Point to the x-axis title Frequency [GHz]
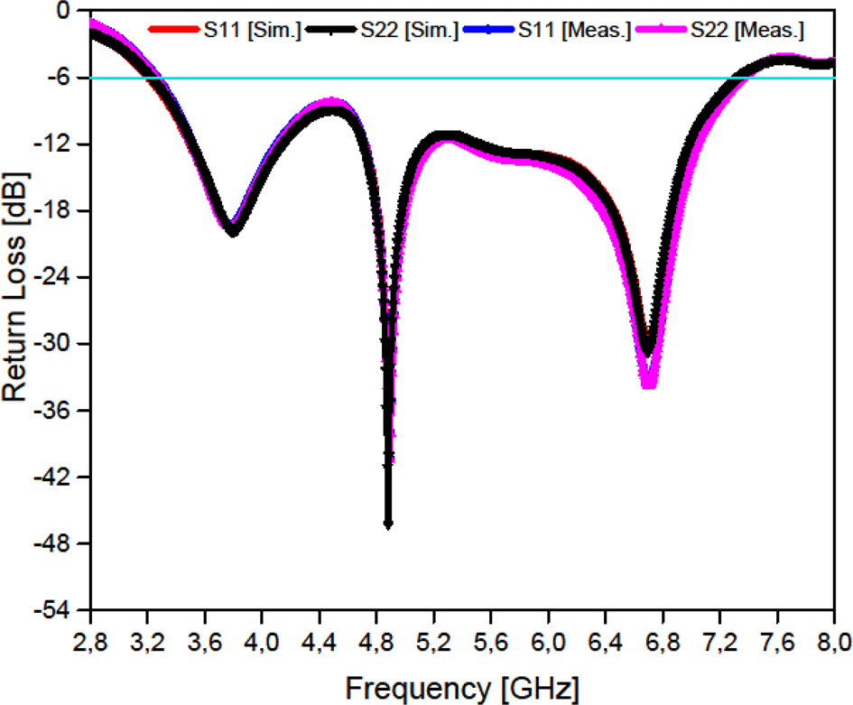coord(462,687)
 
